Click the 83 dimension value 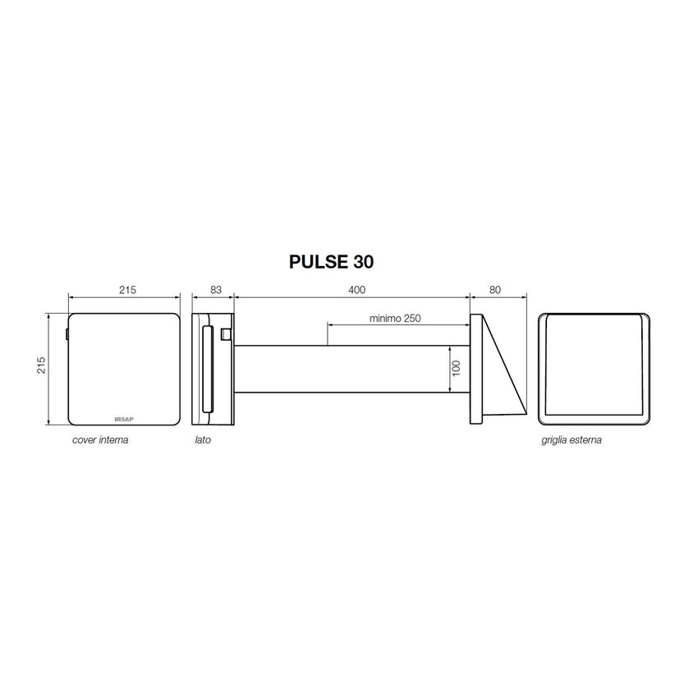pos(215,290)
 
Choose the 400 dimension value pos(356,290)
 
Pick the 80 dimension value pos(495,290)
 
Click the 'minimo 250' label pos(395,319)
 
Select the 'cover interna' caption pos(100,440)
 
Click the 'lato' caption pos(203,440)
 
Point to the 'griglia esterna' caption pos(572,440)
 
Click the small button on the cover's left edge pos(66,334)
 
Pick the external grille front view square pos(595,369)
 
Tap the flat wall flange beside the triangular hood pos(475,369)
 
